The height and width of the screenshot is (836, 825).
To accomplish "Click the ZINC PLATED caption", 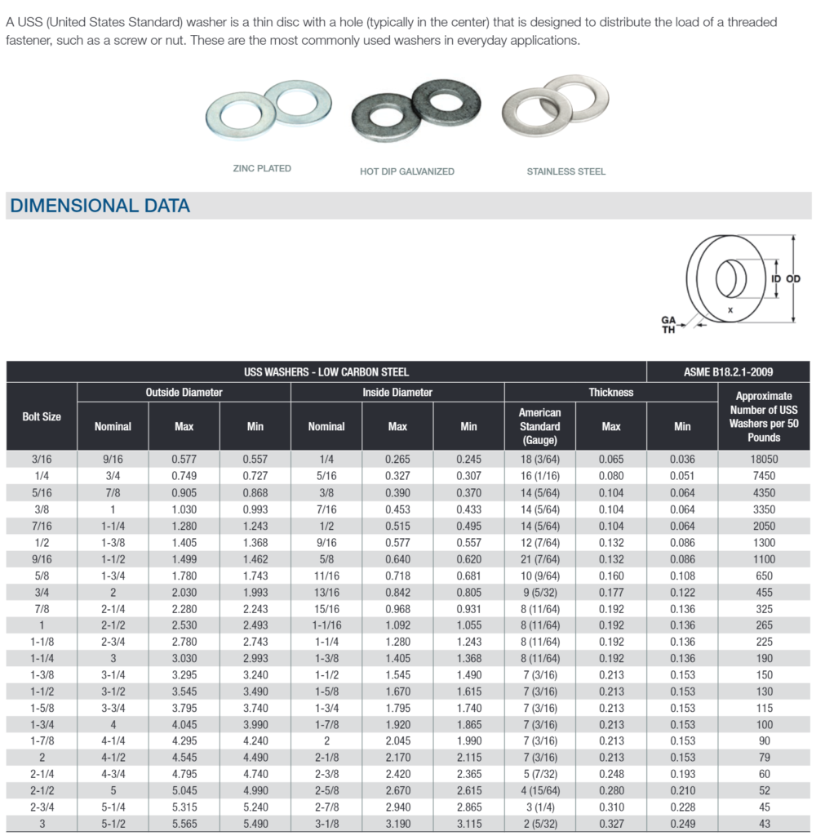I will [x=262, y=168].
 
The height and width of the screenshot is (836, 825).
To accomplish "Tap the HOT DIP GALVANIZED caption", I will [x=406, y=171].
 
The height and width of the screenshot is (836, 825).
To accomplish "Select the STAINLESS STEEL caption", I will [x=566, y=171].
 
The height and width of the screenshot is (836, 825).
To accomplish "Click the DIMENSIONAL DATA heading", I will [x=100, y=206].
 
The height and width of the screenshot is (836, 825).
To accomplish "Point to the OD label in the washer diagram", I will [x=792, y=279].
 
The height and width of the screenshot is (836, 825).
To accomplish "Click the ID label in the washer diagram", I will [x=775, y=279].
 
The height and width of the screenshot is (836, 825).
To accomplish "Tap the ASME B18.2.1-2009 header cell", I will [x=728, y=372].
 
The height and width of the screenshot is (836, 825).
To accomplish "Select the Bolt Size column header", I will [x=42, y=416].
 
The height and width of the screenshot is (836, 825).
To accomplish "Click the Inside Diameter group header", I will [x=397, y=393].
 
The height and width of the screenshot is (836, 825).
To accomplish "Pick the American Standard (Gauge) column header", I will [x=539, y=426].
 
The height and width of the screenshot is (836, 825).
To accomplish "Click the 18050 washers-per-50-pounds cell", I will [x=764, y=460].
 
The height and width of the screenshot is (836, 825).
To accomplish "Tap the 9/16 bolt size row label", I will [x=42, y=559].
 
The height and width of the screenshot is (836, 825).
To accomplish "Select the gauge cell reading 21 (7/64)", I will [x=539, y=559].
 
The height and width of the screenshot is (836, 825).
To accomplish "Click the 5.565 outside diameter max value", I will [x=184, y=824].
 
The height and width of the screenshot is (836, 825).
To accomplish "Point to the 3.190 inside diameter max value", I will [x=397, y=824].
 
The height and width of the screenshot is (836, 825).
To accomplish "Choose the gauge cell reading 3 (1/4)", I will [x=539, y=807].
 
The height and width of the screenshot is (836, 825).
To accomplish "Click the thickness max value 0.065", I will [x=611, y=460].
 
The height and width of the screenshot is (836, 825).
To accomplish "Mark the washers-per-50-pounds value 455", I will [x=764, y=593].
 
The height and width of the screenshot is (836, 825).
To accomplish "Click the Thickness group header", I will [x=611, y=393].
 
